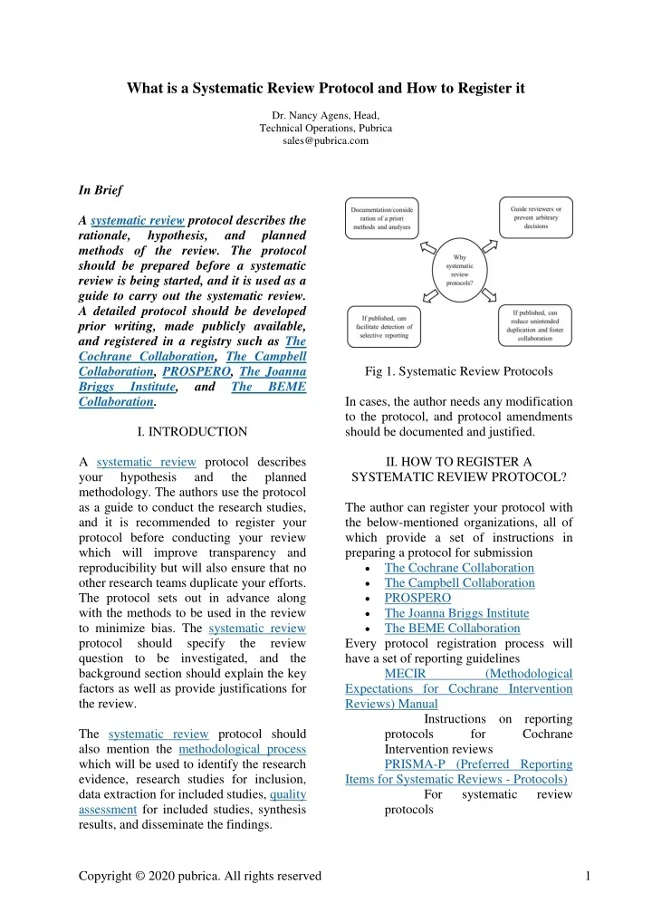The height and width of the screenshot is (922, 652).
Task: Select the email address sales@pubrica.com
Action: [325, 141]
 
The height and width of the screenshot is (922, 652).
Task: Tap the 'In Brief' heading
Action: [101, 191]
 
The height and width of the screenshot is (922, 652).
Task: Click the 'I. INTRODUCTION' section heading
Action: [191, 431]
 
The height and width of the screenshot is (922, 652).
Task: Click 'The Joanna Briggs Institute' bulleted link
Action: [456, 612]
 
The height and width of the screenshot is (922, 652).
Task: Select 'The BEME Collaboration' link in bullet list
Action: [452, 627]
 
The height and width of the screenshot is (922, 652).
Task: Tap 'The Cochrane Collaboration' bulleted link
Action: [459, 568]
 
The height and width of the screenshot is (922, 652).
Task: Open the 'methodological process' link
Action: [242, 748]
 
